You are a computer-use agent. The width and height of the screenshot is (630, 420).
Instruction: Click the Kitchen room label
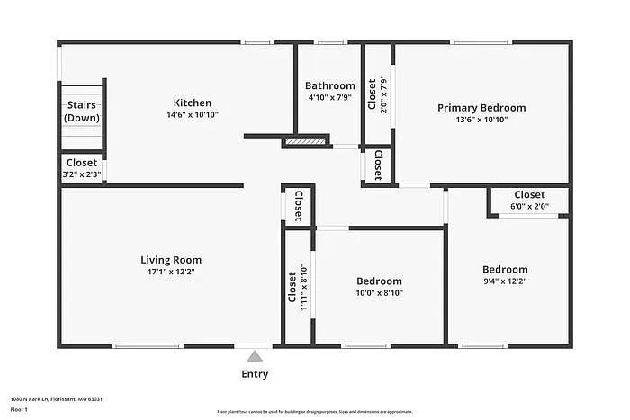click(x=192, y=103)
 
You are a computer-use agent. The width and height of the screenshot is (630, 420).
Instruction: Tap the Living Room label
click(x=170, y=260)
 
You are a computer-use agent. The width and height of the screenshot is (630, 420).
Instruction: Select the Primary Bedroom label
click(x=481, y=108)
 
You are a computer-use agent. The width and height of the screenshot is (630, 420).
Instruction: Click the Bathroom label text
click(x=330, y=85)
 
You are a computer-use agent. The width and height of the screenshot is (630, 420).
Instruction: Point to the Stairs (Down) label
click(x=81, y=111)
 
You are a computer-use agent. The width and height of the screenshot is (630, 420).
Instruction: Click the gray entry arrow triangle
click(x=255, y=356)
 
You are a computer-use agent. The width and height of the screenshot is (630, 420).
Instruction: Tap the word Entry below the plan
click(x=255, y=374)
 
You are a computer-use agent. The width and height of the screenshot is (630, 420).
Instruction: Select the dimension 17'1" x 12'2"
click(x=170, y=272)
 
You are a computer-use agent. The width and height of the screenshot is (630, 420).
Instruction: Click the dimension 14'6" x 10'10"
click(x=192, y=114)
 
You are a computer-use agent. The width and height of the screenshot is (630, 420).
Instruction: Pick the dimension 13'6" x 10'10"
click(x=481, y=120)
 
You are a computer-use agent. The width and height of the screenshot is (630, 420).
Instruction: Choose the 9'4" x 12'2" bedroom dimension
click(x=505, y=281)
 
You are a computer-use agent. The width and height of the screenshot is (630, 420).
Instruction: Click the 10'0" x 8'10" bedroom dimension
click(x=379, y=292)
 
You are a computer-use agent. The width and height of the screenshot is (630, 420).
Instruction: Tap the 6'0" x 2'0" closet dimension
click(x=529, y=206)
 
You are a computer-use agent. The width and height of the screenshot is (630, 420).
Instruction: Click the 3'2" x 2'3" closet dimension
click(x=81, y=174)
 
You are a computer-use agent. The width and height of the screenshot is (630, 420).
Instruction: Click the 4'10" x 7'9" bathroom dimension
click(x=330, y=96)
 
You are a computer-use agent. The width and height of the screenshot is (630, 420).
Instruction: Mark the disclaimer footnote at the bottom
click(x=314, y=410)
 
